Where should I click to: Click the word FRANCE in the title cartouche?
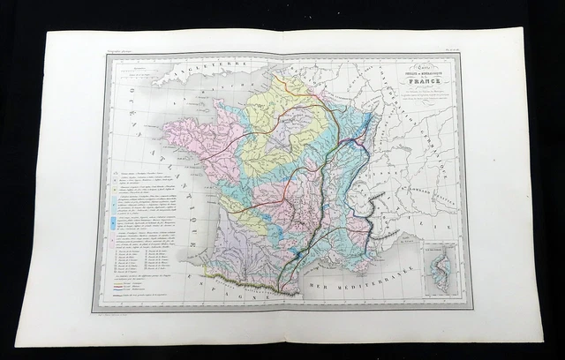tap(414, 83)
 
